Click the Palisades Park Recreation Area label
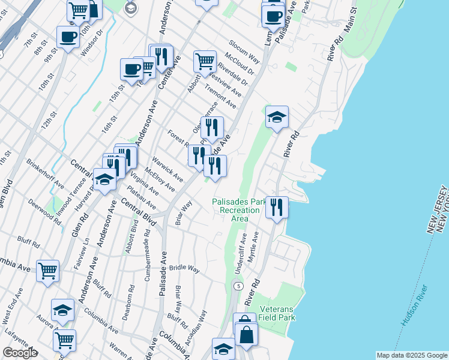[240, 210]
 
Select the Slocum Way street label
[243, 53]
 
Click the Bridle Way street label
[184, 269]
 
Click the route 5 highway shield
[239, 286]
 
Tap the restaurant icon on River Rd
[277, 207]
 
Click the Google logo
[19, 353]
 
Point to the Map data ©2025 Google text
[411, 355]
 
